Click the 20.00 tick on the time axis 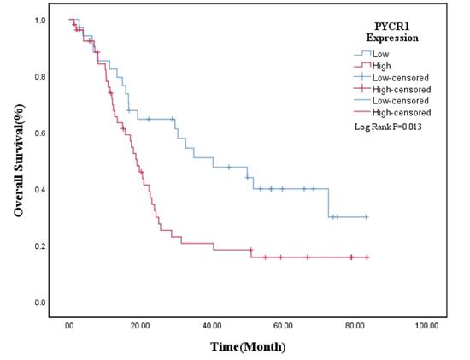point(141,326)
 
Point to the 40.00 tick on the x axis point(213,326)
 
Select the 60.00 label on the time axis point(285,326)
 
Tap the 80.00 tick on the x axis point(355,326)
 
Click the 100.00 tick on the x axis point(426,326)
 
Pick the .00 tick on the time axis point(69,326)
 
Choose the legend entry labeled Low point(380,54)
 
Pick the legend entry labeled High point(381,66)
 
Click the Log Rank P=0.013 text point(389,127)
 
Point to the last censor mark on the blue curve point(367,217)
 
